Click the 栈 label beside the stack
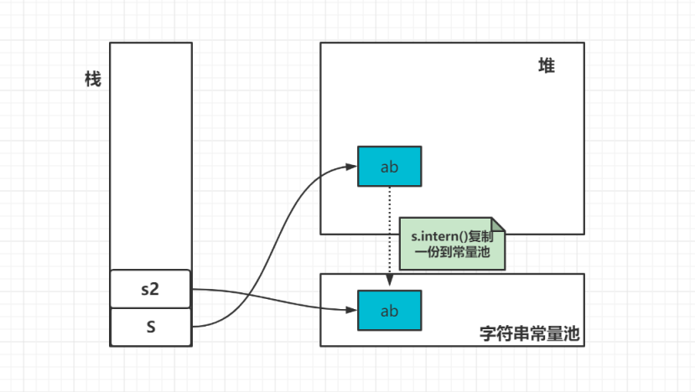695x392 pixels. click(93, 80)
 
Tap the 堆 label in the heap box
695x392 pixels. click(547, 66)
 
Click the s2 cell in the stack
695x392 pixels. click(150, 289)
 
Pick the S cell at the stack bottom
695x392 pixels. click(150, 328)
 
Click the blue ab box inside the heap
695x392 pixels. click(389, 166)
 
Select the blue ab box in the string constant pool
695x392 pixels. click(389, 310)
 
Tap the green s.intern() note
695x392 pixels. click(452, 244)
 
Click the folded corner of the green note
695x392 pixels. click(498, 224)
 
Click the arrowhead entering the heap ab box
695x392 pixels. click(352, 166)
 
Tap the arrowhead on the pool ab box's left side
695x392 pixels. click(352, 310)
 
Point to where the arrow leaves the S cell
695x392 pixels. click(194, 327)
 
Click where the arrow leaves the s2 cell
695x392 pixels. click(194, 290)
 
